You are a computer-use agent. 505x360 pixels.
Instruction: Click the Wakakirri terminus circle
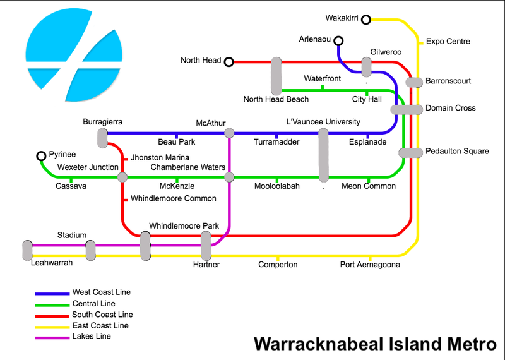pyautogui.click(x=366, y=19)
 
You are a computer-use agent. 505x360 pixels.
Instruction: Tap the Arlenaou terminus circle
pyautogui.click(x=338, y=42)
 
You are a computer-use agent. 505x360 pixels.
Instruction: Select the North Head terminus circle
pyautogui.click(x=229, y=61)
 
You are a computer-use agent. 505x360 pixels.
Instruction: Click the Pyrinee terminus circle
pyautogui.click(x=42, y=156)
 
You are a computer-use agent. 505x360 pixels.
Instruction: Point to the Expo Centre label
pyautogui.click(x=448, y=42)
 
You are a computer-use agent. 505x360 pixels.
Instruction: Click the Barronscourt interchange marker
pyautogui.click(x=413, y=82)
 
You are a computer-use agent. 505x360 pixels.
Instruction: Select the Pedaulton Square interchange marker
pyautogui.click(x=410, y=153)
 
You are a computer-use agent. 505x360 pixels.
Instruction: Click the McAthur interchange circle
pyautogui.click(x=229, y=133)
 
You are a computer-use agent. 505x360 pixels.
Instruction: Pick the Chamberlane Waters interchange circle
pyautogui.click(x=229, y=177)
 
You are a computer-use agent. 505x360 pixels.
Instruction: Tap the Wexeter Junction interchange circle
pyautogui.click(x=122, y=177)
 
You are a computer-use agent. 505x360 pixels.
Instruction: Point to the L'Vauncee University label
pyautogui.click(x=323, y=121)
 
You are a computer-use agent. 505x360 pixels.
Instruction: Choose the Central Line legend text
pyautogui.click(x=94, y=304)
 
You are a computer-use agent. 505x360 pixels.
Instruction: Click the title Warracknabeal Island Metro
pyautogui.click(x=374, y=345)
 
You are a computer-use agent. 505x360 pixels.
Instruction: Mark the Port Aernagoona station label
pyautogui.click(x=370, y=265)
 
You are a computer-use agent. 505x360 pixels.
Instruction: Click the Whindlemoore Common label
pyautogui.click(x=174, y=198)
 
